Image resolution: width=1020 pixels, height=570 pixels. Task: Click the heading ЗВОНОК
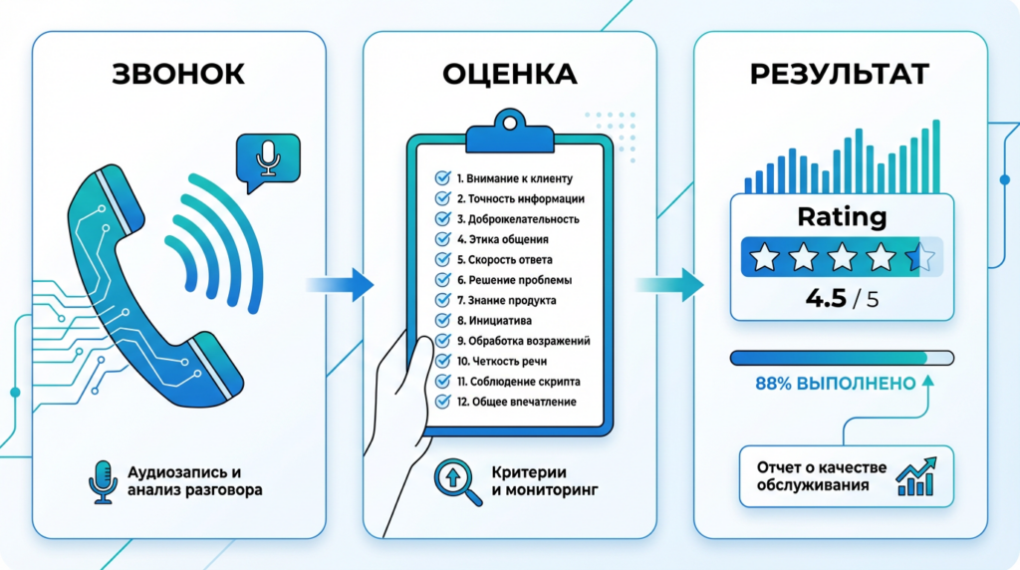pyautogui.click(x=178, y=75)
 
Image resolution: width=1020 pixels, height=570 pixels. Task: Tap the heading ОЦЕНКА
pyautogui.click(x=509, y=75)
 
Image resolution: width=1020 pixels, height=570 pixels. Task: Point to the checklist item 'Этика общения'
pyautogui.click(x=502, y=239)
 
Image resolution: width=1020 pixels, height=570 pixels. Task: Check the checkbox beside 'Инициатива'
pyautogui.click(x=442, y=320)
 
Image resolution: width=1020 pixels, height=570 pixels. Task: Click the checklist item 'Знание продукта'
pyautogui.click(x=506, y=300)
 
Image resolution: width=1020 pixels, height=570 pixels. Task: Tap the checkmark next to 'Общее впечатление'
pyautogui.click(x=442, y=401)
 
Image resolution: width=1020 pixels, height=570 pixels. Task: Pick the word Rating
pyautogui.click(x=842, y=217)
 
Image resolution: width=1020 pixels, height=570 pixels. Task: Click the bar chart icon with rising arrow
pyautogui.click(x=915, y=476)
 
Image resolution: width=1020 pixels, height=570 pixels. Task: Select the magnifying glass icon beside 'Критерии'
pyautogui.click(x=454, y=479)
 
